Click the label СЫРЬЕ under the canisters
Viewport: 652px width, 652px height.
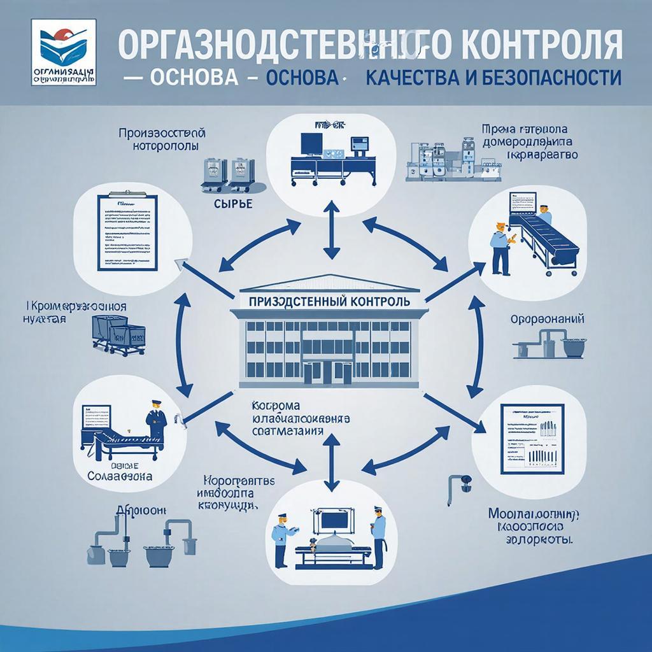[227, 204]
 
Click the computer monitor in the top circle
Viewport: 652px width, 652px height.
[313, 143]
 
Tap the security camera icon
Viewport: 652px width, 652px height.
[460, 482]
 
